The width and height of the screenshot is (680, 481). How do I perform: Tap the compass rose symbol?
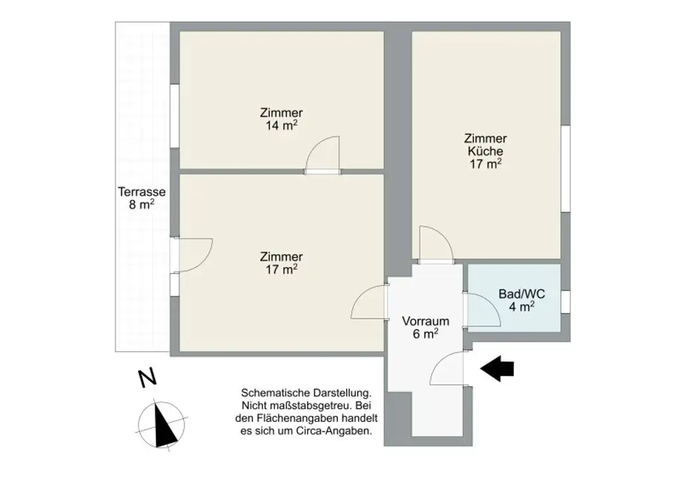(x=159, y=425)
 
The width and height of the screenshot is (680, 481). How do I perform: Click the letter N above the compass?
(x=147, y=378)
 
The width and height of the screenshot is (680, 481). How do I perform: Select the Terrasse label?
(x=141, y=192)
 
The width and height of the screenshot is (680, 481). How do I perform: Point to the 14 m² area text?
(x=282, y=125)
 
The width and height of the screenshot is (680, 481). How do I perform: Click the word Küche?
(x=485, y=151)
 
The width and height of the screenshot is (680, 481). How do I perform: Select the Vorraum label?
(x=426, y=321)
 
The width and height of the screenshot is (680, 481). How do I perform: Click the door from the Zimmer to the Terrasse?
(x=192, y=254)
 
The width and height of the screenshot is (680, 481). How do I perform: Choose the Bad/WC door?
(x=483, y=309)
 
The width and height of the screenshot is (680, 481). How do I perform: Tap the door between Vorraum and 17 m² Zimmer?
(x=370, y=304)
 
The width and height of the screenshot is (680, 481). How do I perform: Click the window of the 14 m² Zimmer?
(x=174, y=116)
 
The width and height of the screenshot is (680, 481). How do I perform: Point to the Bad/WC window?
(x=565, y=301)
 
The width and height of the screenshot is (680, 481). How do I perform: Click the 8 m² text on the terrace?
(x=141, y=205)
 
